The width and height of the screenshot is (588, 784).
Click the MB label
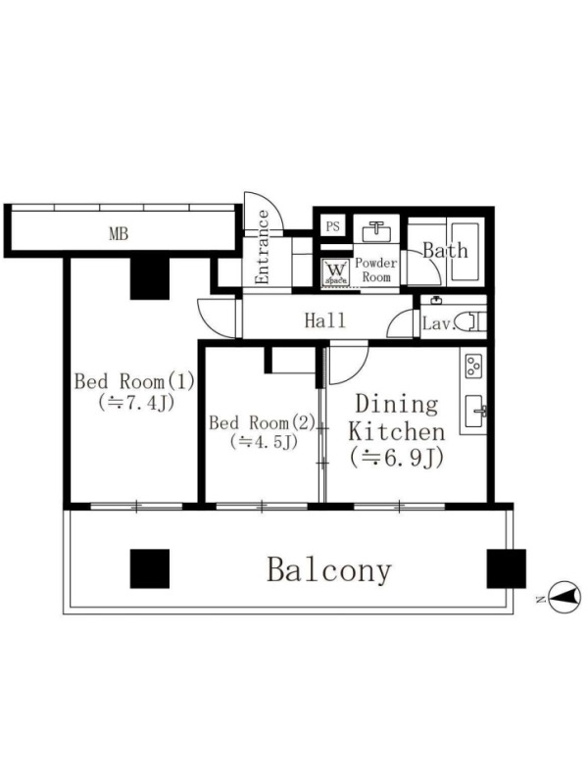coord(119,233)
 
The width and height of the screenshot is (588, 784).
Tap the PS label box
coord(333,226)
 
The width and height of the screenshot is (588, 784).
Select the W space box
coord(335,272)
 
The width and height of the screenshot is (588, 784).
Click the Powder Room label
coord(376,270)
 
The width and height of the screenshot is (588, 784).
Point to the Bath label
coord(446,250)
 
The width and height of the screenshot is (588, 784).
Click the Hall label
coord(325,320)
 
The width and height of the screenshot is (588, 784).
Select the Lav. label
coord(438,323)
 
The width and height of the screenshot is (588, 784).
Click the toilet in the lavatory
coord(471,321)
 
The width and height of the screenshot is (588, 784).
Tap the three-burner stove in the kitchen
coord(473,366)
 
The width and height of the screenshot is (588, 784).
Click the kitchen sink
coord(475,411)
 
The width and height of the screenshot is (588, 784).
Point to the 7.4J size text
coord(136,403)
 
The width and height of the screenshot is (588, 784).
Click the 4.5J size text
coord(264,442)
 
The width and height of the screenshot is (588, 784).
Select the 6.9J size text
coord(397,459)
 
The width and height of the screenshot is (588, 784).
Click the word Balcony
coord(329,569)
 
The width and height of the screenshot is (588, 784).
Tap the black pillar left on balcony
coord(150,568)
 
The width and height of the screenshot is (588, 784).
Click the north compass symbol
coord(564,597)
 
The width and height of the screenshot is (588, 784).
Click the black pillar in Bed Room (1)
coord(150,278)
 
